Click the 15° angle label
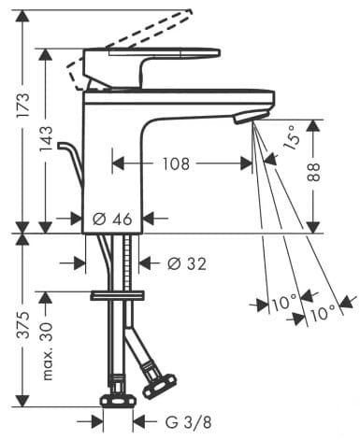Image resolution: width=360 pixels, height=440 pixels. tap(292, 140)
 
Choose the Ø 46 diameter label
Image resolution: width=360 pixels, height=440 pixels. tap(112, 220)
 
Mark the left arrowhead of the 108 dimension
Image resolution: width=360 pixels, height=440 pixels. tap(117, 163)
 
